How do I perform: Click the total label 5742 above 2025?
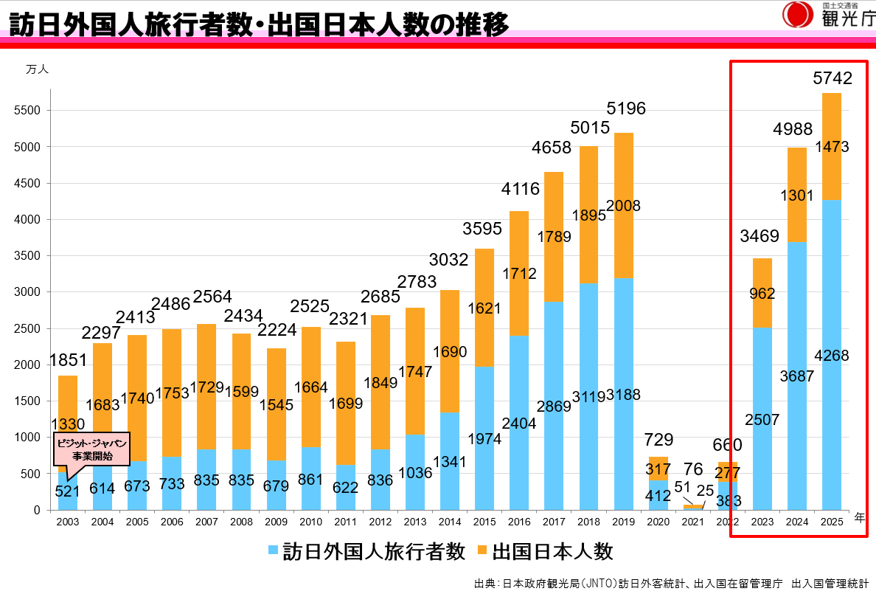tap(832, 78)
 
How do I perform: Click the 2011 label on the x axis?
tap(345, 521)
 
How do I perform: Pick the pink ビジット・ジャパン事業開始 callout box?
tap(92, 449)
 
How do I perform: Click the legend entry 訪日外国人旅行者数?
tap(366, 550)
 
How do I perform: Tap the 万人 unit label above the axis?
tap(36, 69)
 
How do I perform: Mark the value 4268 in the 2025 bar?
tap(832, 356)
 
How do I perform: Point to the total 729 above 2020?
tap(658, 441)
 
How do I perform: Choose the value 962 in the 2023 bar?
tap(762, 294)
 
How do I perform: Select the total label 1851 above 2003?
tap(68, 360)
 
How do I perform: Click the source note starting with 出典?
tap(670, 584)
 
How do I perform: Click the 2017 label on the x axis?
tap(554, 521)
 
